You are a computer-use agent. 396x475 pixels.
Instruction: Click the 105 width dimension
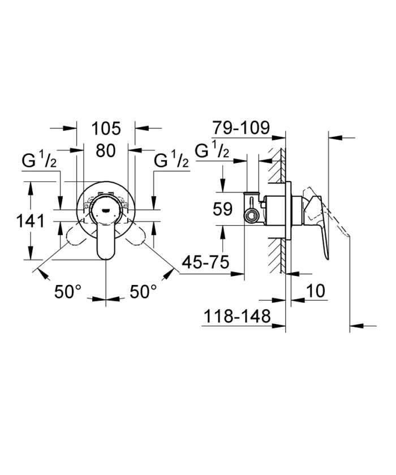(106, 128)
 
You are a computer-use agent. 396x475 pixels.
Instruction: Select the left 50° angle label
(68, 292)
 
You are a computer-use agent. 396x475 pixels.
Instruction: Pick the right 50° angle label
(144, 292)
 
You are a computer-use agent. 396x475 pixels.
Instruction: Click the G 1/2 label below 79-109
(212, 151)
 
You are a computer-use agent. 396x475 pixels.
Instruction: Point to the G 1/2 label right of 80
(171, 162)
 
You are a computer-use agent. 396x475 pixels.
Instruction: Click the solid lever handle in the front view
(105, 243)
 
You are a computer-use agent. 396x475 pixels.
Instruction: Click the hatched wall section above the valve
(278, 164)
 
